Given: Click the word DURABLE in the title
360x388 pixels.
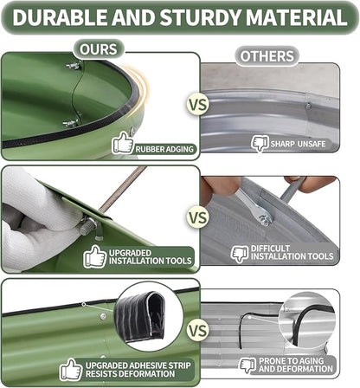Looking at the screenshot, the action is tap(60, 17).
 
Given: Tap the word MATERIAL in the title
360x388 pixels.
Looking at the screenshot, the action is tap(297, 17).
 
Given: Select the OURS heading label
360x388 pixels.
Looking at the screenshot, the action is tap(99, 49).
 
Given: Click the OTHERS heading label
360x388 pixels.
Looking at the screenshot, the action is tap(267, 56).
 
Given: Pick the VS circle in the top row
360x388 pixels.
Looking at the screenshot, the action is tap(198, 104).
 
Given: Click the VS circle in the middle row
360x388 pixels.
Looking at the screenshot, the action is tap(198, 217).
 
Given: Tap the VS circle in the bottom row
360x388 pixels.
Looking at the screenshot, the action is tap(198, 330).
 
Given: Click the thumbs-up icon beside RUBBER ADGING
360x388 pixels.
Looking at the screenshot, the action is tap(123, 143).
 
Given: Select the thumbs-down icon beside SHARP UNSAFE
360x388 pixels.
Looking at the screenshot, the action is tap(260, 143).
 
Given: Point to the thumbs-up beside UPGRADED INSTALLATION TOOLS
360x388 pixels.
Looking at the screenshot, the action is tap(95, 256).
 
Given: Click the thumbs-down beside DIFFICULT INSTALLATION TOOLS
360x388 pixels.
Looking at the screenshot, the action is tap(240, 254).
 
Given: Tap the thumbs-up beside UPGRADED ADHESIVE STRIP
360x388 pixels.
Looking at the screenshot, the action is tap(71, 369).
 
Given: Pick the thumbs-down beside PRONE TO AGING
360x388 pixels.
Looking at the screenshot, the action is tap(247, 365).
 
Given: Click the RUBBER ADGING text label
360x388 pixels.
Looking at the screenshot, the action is tap(164, 149).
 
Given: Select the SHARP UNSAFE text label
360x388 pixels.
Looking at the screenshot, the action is tap(298, 144).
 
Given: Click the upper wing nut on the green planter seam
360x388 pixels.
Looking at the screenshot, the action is tap(74, 66).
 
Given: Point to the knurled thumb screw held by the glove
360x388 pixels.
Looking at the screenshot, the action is tap(88, 226).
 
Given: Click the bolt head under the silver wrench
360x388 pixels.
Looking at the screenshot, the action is tap(266, 220).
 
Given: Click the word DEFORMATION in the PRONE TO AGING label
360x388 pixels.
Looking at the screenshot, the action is tap(296, 369).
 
